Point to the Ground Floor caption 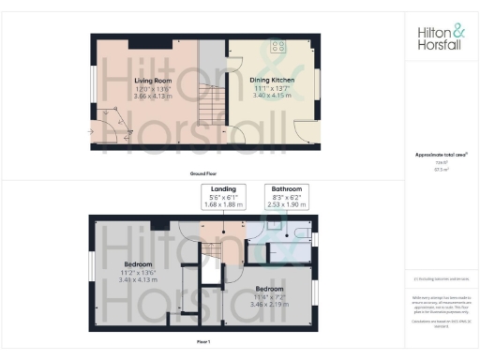coord(203,174)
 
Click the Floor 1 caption coord(203,344)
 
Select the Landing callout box coord(223,198)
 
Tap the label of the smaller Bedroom coord(271,289)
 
